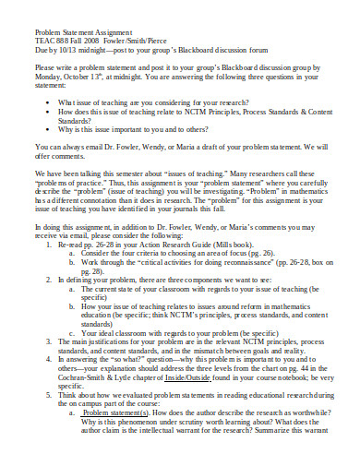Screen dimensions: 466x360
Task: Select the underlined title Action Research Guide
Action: click(174, 245)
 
